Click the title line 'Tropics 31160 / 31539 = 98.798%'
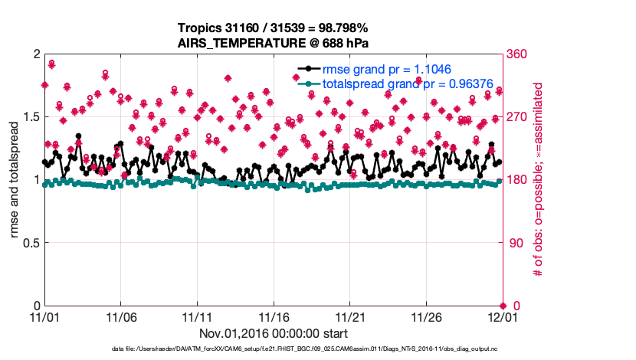tap(273, 28)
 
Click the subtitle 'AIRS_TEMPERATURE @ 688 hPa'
tap(273, 42)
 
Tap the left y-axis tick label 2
tap(34, 54)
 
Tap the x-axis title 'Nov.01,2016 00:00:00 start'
tap(274, 333)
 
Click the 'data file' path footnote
tap(304, 349)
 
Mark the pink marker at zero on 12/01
tap(503, 306)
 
